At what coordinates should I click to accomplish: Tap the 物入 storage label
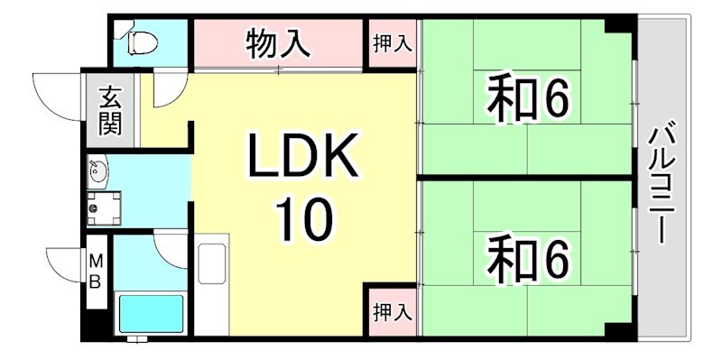tap(278, 42)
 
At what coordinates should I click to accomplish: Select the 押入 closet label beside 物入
tap(393, 43)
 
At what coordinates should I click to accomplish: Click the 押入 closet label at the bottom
tap(393, 312)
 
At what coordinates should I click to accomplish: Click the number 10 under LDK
tap(304, 219)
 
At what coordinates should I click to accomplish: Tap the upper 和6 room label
tap(529, 99)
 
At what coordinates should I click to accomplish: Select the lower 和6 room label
tap(529, 258)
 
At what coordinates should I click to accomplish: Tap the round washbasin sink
tap(97, 170)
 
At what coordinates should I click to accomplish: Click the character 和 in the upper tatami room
tap(508, 99)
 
